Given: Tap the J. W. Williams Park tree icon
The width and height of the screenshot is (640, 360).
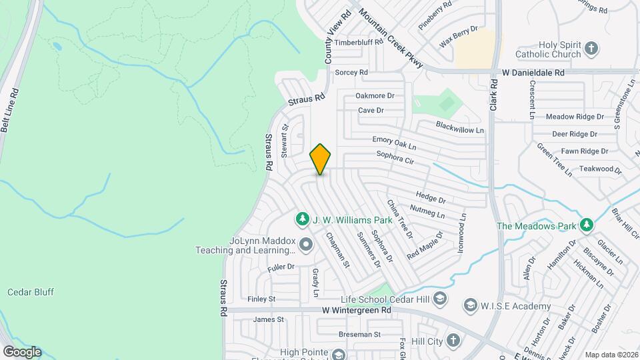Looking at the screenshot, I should coord(303,219).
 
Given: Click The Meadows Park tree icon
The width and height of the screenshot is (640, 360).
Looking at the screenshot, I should coord(587,225).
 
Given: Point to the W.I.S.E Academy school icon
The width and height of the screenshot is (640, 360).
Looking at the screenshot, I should coord(471,306).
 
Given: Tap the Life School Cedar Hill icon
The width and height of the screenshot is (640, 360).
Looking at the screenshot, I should coord(440,298).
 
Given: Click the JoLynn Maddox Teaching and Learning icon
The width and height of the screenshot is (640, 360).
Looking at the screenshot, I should coord(306,245).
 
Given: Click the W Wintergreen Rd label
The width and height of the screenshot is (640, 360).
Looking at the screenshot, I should coord(357,311).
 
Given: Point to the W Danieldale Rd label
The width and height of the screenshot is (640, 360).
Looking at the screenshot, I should coord(533,72).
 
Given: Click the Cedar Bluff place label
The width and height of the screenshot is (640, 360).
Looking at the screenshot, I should coord(31,292).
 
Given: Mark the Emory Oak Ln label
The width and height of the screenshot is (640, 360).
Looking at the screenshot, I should coord(394,143).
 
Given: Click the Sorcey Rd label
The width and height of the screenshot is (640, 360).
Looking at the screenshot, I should coord(351,72).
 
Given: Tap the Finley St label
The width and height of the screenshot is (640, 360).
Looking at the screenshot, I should coord(261,299).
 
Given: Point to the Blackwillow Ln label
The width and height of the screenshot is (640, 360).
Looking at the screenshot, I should coord(459,127).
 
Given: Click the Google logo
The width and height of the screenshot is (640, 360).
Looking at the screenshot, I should coord(22,351).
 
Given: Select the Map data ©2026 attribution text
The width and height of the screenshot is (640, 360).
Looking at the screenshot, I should coord(611,355).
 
